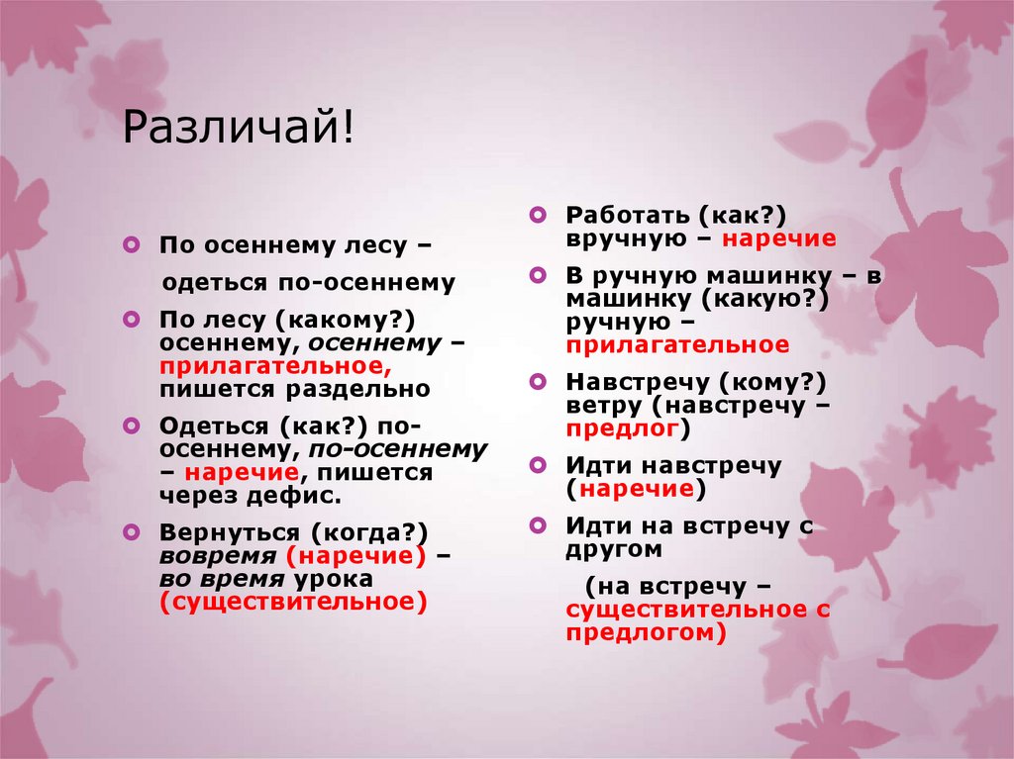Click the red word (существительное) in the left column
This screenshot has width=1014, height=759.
point(293,602)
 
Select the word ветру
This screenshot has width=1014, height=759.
point(600,406)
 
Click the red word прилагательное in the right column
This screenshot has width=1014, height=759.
point(678,345)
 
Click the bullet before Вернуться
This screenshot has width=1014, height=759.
point(133,531)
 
